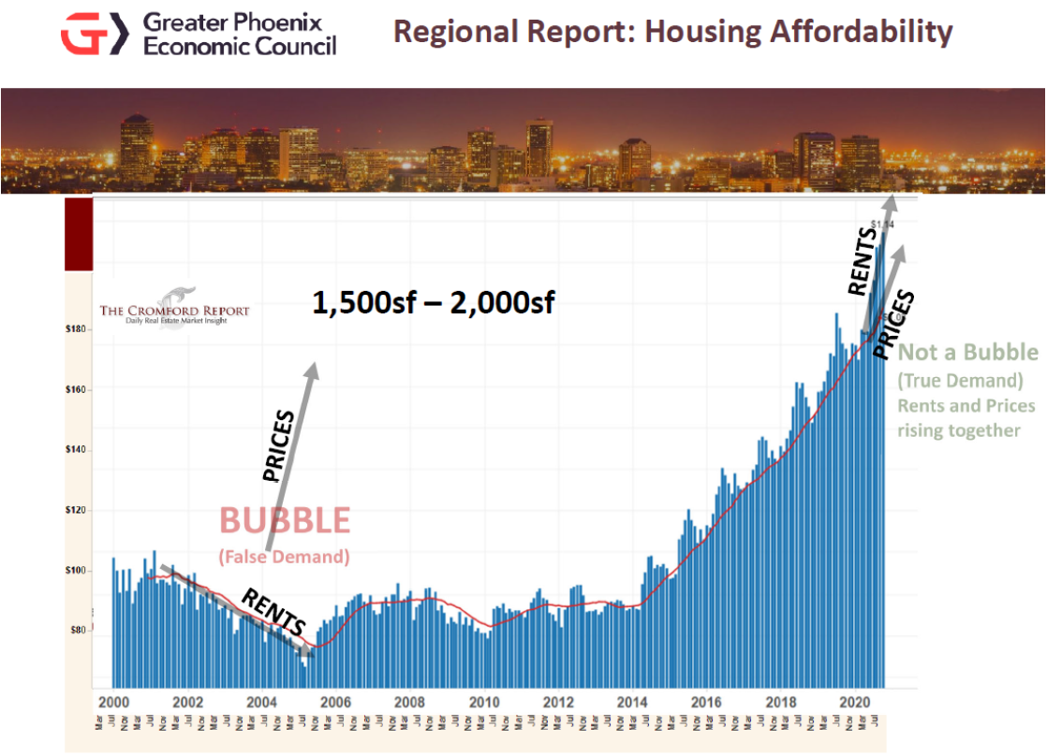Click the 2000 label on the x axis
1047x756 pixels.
(113, 702)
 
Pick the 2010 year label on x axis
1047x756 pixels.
(483, 702)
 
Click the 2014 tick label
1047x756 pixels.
(632, 702)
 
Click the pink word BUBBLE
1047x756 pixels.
(285, 520)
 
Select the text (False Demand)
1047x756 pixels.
(284, 557)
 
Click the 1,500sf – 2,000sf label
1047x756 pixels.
(433, 303)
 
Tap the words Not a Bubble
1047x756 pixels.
(968, 353)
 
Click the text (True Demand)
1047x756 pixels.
(959, 382)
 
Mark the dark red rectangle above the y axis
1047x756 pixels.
(79, 235)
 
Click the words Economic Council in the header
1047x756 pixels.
(239, 44)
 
